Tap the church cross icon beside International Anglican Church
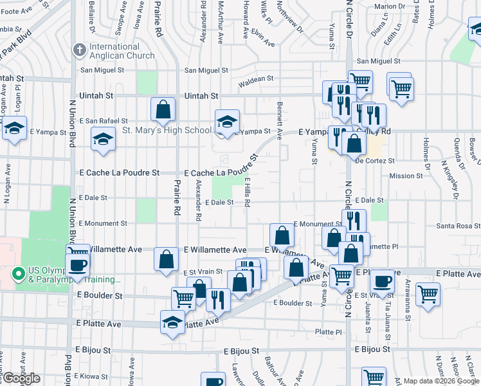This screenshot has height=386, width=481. tap(80, 49)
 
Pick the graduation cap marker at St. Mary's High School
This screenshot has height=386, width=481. tap(227, 122)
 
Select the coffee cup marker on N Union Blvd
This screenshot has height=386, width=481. tap(78, 264)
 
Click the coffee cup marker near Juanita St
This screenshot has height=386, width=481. tap(383, 281)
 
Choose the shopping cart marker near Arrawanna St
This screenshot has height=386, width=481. tap(428, 295)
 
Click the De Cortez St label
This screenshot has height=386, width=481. tap(374, 160)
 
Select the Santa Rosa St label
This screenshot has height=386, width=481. tap(458, 226)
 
